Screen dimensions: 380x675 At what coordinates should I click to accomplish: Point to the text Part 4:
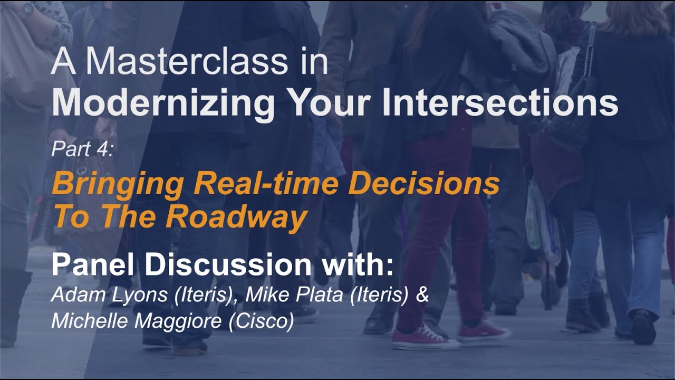pos(82,150)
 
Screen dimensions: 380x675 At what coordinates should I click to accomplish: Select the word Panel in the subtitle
pos(95,265)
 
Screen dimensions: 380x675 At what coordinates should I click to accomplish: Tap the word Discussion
pos(232,265)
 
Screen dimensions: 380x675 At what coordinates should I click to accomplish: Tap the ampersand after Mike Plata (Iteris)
pos(422,296)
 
